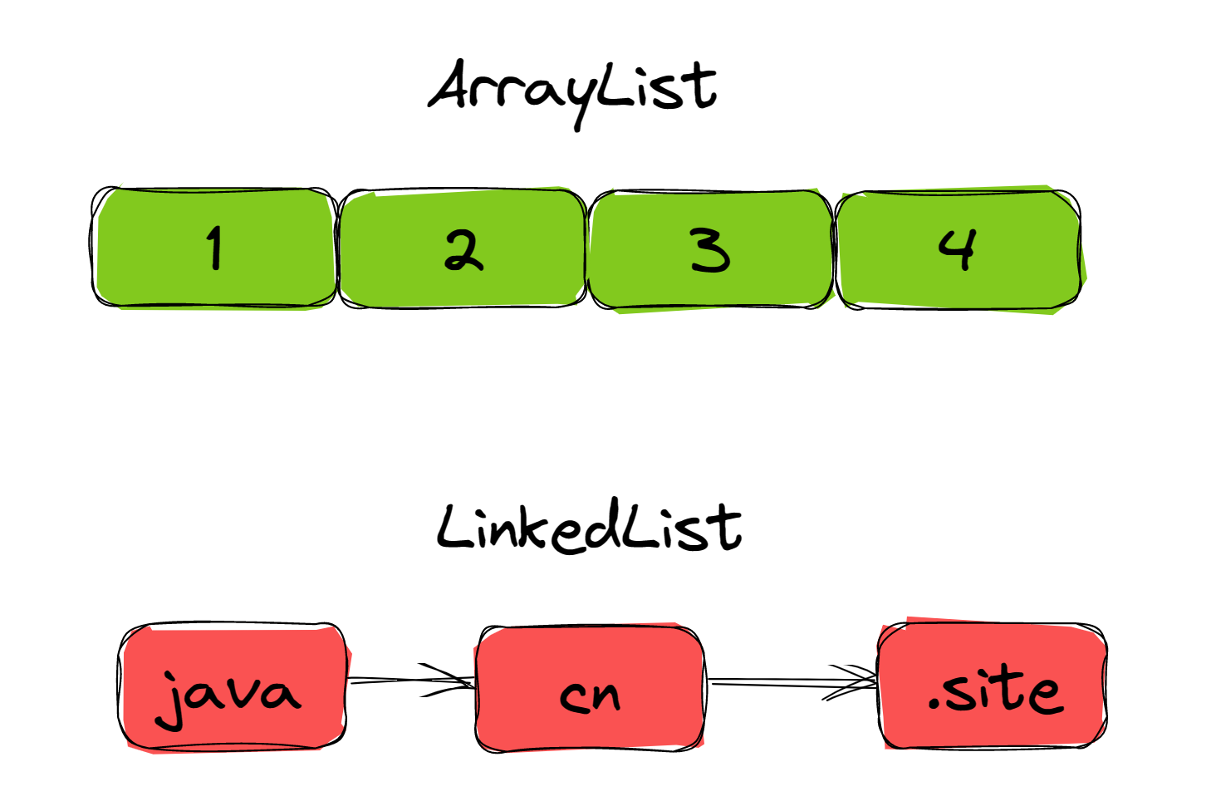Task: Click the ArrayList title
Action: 573,93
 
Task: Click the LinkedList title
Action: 589,526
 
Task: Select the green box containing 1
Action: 214,248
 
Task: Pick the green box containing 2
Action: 463,248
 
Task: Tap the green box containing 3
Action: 711,250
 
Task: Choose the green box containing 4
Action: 960,250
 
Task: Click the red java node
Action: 233,687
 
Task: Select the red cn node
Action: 590,688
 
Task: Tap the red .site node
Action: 993,685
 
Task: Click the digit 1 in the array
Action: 215,248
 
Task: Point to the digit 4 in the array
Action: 959,248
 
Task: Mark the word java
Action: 228,699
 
